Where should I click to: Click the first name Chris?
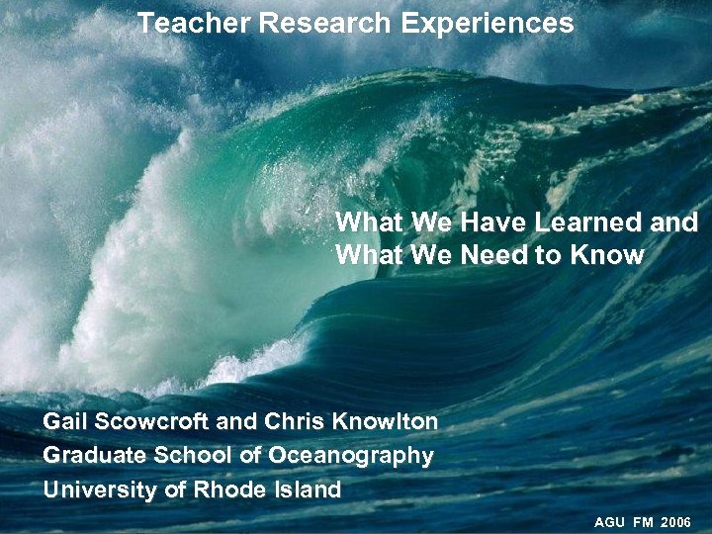tap(291, 422)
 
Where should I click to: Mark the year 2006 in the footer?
tap(676, 520)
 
